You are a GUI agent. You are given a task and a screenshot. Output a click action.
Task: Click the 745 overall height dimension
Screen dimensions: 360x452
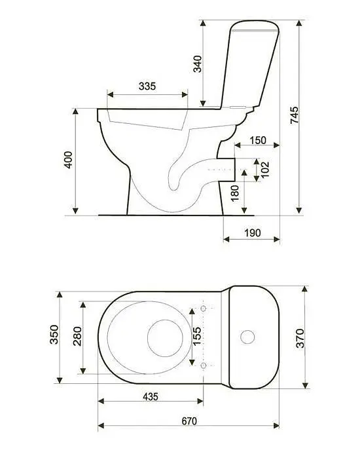tap(295, 115)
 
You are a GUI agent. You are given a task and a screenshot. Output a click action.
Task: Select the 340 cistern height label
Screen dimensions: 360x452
tap(198, 64)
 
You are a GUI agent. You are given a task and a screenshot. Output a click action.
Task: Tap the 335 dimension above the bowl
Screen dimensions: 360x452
tap(147, 86)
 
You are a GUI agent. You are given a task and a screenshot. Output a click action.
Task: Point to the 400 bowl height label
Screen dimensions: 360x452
tap(69, 160)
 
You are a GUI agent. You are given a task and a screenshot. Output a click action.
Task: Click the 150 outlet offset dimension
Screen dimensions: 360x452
tap(258, 140)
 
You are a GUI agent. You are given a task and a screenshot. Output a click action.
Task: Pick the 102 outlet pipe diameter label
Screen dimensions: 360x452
tap(264, 170)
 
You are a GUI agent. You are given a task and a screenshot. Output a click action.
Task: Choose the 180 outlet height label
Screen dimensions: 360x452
tap(235, 193)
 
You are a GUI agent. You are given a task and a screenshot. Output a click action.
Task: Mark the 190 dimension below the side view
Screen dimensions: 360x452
tap(253, 233)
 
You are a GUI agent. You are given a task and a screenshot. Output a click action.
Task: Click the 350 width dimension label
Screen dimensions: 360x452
tap(54, 334)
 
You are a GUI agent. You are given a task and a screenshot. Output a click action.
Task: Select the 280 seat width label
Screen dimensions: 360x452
tap(77, 336)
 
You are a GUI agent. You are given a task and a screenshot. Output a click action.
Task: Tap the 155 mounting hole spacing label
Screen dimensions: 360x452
tap(197, 336)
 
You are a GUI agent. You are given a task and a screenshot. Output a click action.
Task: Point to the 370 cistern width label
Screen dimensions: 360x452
tap(300, 339)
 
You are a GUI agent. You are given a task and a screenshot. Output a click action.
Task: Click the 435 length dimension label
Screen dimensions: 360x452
tap(151, 397)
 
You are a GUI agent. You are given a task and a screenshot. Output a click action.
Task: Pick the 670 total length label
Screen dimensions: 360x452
tap(190, 421)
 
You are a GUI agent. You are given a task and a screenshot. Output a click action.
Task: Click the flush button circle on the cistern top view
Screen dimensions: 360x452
tap(247, 337)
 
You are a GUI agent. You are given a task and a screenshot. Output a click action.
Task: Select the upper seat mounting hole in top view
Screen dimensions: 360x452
tap(204, 309)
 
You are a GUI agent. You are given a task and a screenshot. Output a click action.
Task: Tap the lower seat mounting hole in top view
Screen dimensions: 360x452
tap(204, 366)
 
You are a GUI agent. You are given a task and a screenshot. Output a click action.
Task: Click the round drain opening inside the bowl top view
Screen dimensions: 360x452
tap(165, 338)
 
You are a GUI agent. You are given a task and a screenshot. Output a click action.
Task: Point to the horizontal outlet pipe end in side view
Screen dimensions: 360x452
tap(235, 170)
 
